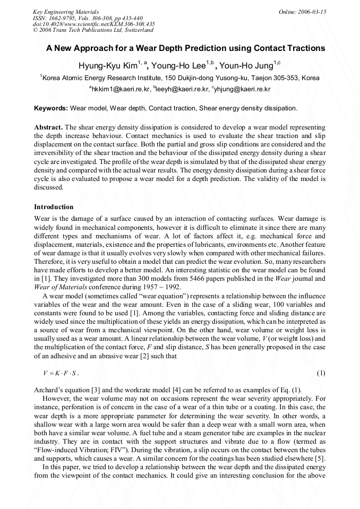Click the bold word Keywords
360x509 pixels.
click(x=50, y=108)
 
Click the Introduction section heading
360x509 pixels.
click(x=54, y=207)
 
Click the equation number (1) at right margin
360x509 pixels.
click(x=321, y=373)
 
